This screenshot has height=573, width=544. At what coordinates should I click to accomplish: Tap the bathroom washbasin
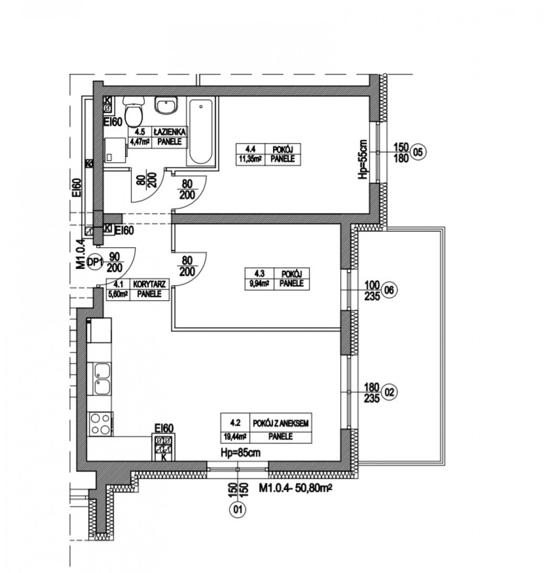(166, 106)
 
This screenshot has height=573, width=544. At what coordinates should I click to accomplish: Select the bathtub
(201, 132)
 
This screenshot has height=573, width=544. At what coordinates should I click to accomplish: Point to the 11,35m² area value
(250, 159)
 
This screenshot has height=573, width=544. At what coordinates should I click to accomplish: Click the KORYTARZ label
(150, 284)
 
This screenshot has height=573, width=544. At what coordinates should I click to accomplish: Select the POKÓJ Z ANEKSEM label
(281, 423)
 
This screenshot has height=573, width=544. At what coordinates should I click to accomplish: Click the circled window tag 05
(418, 152)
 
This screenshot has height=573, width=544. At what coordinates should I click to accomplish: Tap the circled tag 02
(390, 393)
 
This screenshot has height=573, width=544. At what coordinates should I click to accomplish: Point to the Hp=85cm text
(241, 453)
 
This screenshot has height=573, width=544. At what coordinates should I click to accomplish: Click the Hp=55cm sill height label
(364, 159)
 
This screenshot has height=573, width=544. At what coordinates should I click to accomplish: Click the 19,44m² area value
(235, 436)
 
